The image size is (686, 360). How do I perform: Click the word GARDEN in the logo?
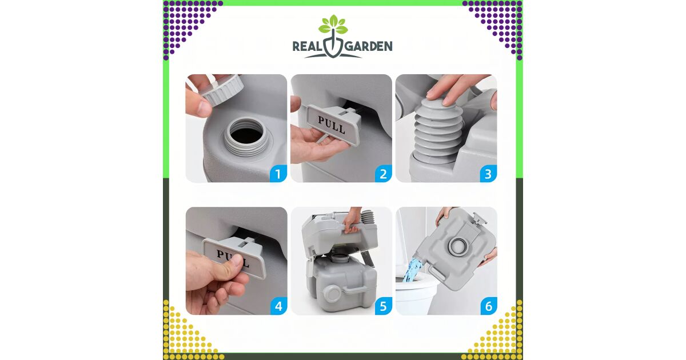[368, 46]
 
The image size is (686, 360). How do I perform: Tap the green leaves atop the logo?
[333, 24]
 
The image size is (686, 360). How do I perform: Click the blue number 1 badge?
[278, 174]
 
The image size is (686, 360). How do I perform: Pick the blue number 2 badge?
[384, 174]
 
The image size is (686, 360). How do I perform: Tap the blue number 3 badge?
[488, 174]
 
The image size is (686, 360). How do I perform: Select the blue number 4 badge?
[278, 306]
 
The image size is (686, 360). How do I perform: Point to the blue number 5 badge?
[384, 306]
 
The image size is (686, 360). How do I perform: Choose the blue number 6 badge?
[489, 306]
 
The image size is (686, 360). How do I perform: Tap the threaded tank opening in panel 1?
[246, 138]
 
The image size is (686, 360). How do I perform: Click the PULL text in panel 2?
[332, 125]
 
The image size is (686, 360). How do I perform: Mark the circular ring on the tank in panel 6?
[458, 245]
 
